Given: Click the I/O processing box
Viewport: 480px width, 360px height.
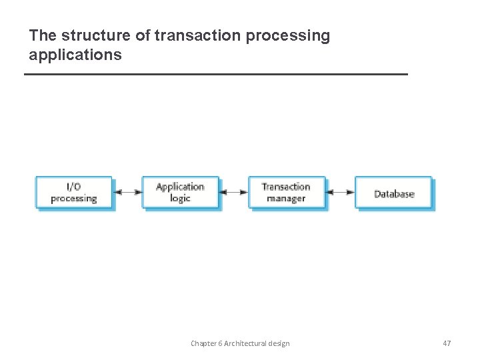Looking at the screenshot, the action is click(74, 193).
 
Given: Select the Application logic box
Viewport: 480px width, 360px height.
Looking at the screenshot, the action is click(180, 193).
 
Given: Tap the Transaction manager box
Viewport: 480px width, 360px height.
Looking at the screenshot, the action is click(287, 193).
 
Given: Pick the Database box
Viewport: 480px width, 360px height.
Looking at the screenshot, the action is click(393, 193).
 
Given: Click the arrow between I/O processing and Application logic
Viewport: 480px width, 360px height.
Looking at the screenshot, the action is click(127, 193).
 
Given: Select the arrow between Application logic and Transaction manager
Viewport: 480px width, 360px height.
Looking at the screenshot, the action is click(234, 193).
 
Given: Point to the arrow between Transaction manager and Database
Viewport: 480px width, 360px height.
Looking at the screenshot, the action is click(340, 193).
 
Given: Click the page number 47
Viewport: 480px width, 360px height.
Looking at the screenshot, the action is click(447, 343).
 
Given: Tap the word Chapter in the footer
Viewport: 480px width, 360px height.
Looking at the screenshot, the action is click(203, 343).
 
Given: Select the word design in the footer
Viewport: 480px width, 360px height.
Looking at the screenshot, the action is click(279, 343).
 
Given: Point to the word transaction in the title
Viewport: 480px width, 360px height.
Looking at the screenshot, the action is click(198, 36).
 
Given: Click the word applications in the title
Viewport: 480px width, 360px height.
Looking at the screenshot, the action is click(75, 55).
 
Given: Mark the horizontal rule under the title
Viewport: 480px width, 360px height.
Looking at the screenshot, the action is click(215, 74).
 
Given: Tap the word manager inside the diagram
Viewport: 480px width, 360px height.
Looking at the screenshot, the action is click(286, 199).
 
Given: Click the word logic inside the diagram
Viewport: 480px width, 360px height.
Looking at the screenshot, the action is click(180, 199).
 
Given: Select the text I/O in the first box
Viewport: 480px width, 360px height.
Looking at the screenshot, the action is click(74, 187).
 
